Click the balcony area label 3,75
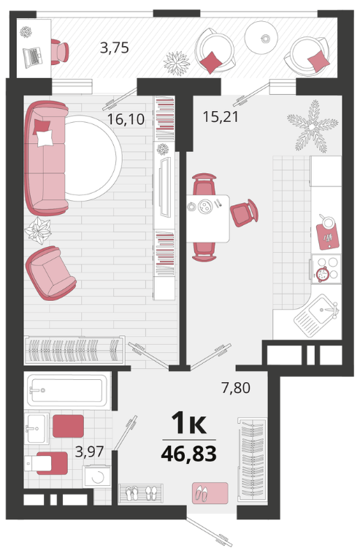114,47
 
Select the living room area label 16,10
126,119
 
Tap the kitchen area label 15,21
221,116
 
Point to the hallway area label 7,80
236,387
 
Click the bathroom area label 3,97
89,452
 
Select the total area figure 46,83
189,454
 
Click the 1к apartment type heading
188,423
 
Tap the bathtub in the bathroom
67,390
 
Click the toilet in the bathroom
46,462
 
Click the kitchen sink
317,314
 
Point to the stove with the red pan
326,269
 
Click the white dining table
207,218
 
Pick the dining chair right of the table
244,213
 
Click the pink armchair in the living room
50,273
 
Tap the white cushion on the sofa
45,138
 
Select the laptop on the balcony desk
33,57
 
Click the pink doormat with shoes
210,492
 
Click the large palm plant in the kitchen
312,126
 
